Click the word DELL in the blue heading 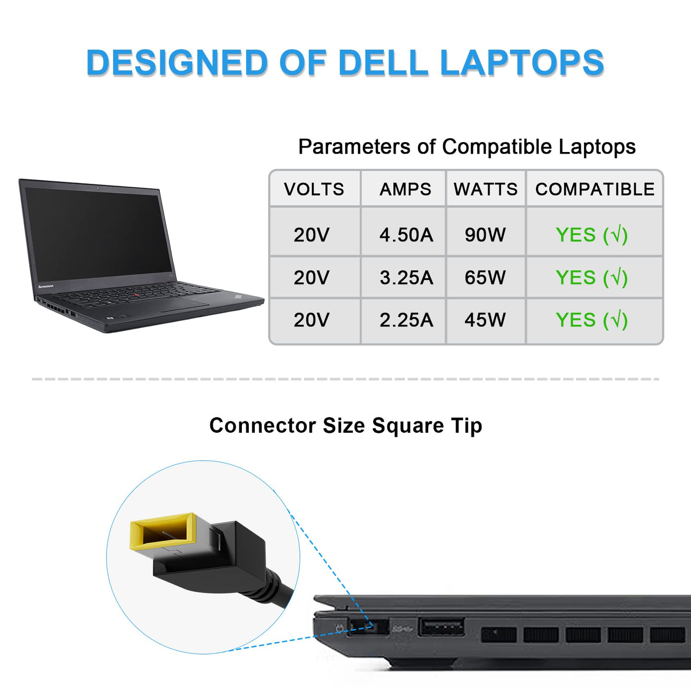[383, 63]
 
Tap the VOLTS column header [314, 189]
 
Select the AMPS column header [405, 189]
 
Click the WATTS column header [486, 189]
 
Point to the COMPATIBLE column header [595, 189]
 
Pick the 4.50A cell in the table [406, 235]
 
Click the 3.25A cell [406, 278]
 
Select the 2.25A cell [406, 320]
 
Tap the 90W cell [485, 235]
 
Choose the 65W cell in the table [485, 278]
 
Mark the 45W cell [485, 320]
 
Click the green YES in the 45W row [576, 320]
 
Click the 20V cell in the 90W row [311, 235]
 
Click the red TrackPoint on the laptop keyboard [136, 295]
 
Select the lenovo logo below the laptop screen [46, 286]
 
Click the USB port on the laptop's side [441, 627]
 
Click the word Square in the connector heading [408, 425]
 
